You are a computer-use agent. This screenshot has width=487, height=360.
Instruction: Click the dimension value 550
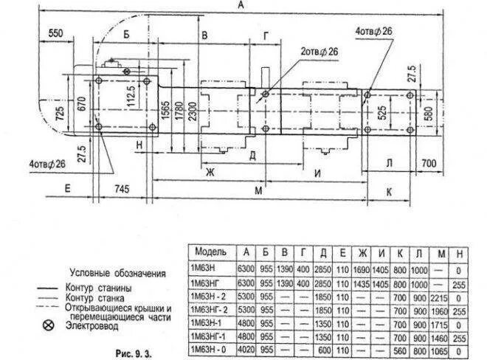pos(55,34)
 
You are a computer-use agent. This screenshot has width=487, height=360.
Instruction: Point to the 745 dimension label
pos(122,190)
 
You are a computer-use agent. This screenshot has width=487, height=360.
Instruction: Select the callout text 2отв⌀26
pos(319,52)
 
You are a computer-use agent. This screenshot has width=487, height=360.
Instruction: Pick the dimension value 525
pos(381,112)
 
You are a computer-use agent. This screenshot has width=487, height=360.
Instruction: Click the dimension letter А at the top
pos(241,5)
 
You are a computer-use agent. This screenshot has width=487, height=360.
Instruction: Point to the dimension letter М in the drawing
pos(258,192)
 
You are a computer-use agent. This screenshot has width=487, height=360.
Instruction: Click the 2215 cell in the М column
pos(441,297)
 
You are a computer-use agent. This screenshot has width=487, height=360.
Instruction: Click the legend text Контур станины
pos(99,286)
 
